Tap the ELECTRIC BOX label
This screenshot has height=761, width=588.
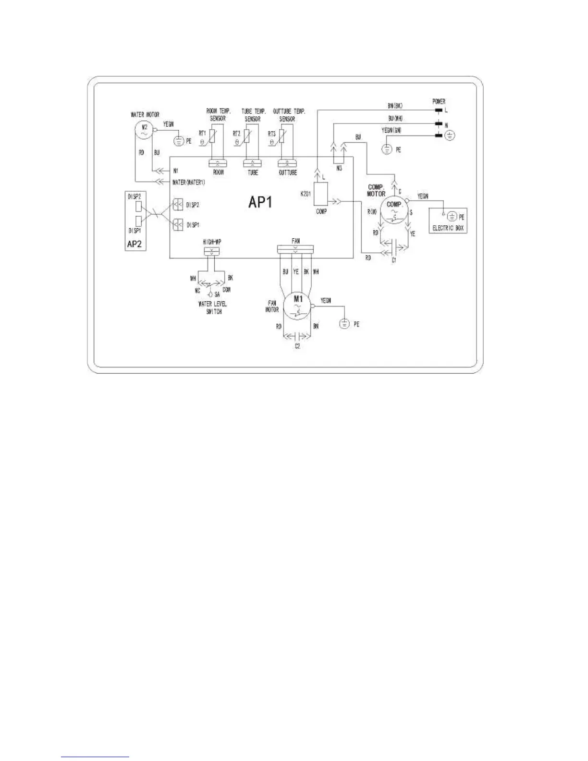[448, 229]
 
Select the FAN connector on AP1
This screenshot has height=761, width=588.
[295, 249]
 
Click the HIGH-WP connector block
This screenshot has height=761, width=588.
[211, 251]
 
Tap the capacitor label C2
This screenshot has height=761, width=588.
[297, 346]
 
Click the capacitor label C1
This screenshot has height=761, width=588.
[394, 260]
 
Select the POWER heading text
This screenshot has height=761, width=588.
[439, 102]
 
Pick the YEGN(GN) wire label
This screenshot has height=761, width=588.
[394, 130]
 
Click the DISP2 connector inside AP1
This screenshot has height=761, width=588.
[178, 205]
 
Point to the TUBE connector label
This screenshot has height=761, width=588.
[252, 172]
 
